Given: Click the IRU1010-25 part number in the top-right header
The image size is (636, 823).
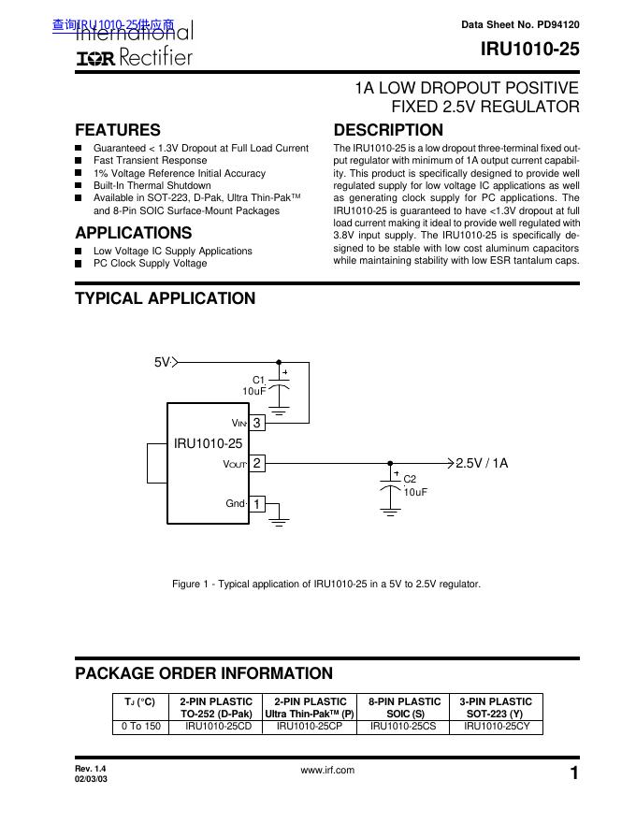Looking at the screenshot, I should pos(530,51).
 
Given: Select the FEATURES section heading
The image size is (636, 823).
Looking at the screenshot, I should pos(117,130).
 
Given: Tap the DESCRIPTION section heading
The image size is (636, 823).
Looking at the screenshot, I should pos(388,130).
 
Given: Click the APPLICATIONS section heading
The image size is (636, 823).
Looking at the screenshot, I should pos(133,233).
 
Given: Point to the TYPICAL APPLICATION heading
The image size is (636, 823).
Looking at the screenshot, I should pos(165,298).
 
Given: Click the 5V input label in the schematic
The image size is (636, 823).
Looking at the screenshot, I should pos(162,362).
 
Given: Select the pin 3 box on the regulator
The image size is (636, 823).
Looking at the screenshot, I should pos(256,423).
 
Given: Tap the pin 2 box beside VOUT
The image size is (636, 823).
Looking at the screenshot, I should pos(256,463).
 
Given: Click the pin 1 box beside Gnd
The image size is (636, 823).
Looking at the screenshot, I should pos(256,504).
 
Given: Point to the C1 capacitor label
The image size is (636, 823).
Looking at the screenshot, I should pos(259,379).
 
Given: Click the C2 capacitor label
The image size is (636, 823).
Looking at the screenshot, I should pos(410,479).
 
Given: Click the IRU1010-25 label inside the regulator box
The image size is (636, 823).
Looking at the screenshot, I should pos(208,443).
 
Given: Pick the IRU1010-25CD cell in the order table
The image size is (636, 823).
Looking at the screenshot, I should pos(218,726).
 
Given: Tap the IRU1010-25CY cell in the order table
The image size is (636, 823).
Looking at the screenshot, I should pos(497,726).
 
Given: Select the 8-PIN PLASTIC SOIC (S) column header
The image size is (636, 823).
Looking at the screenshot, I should pos(405,707).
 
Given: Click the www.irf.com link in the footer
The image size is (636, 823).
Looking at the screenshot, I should pos(327,770).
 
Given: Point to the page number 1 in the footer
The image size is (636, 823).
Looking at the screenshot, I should pos(573,772).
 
